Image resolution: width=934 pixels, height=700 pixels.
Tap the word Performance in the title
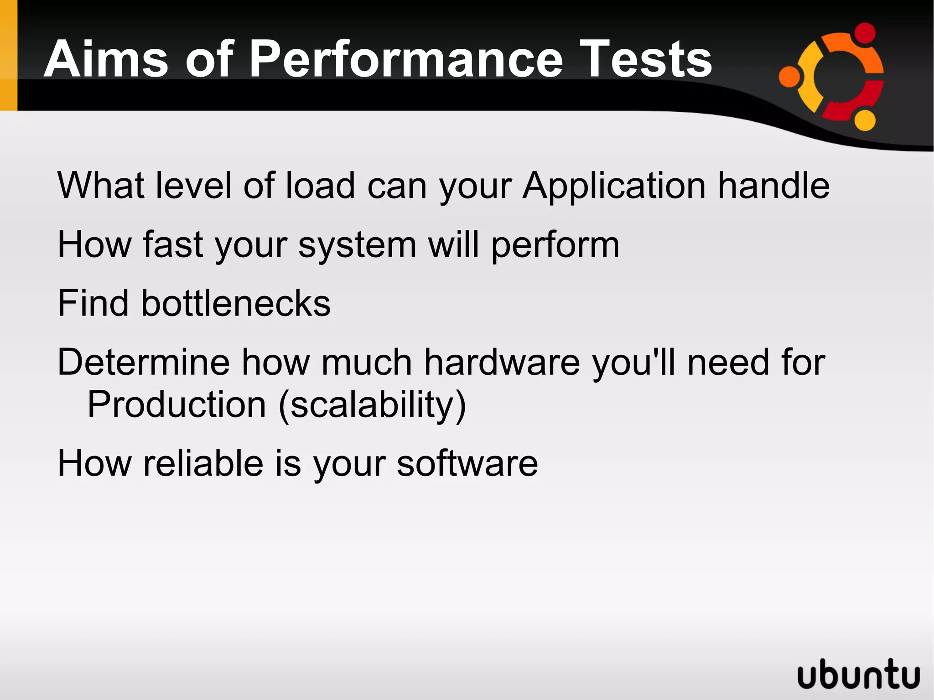click(406, 59)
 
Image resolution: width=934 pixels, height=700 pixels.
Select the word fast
click(173, 244)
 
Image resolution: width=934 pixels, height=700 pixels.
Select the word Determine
click(144, 362)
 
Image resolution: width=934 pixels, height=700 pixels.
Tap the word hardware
click(502, 362)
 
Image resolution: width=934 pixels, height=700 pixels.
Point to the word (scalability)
click(372, 405)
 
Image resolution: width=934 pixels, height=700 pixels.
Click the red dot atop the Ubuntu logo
click(864, 33)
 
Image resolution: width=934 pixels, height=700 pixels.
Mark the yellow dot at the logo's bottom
click(864, 120)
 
